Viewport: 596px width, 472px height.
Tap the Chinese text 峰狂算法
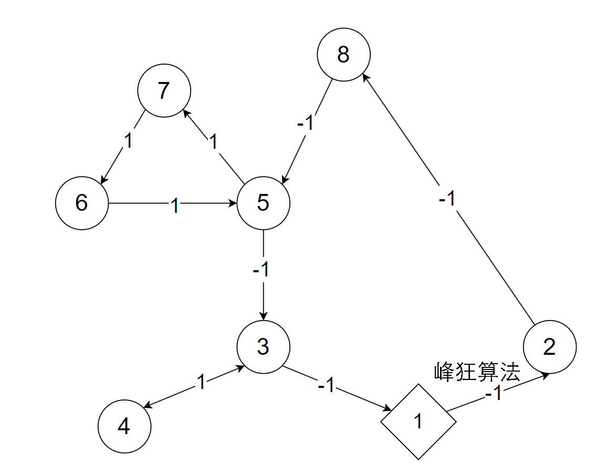point(477,372)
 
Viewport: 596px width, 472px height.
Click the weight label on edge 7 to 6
point(129,141)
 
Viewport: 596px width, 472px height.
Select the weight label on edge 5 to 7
point(214,142)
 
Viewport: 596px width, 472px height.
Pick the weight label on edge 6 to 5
point(174,206)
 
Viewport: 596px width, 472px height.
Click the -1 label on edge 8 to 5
point(306,123)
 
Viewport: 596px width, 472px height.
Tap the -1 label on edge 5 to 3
point(261,269)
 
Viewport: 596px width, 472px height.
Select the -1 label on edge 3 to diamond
point(326,385)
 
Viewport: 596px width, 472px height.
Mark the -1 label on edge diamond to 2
point(494,393)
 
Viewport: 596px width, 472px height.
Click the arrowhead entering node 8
point(366,78)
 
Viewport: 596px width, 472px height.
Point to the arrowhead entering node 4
point(148,405)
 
